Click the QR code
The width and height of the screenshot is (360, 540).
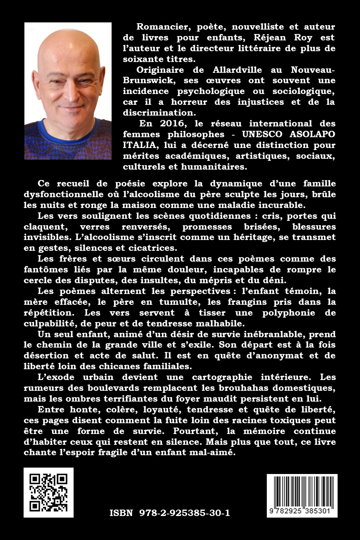48,492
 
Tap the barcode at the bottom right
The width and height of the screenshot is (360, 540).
302,495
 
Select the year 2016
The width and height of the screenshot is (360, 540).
165,124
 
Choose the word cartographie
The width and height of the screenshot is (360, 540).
225,377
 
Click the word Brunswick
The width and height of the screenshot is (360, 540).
149,80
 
